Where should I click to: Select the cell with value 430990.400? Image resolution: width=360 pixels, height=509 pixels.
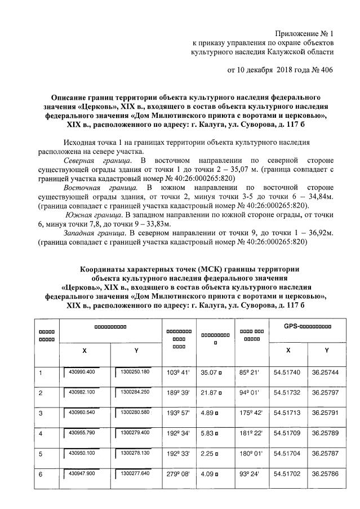click(82, 373)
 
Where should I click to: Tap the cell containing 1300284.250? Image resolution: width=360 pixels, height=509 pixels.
click(133, 392)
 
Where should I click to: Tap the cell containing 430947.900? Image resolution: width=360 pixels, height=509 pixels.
click(82, 474)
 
